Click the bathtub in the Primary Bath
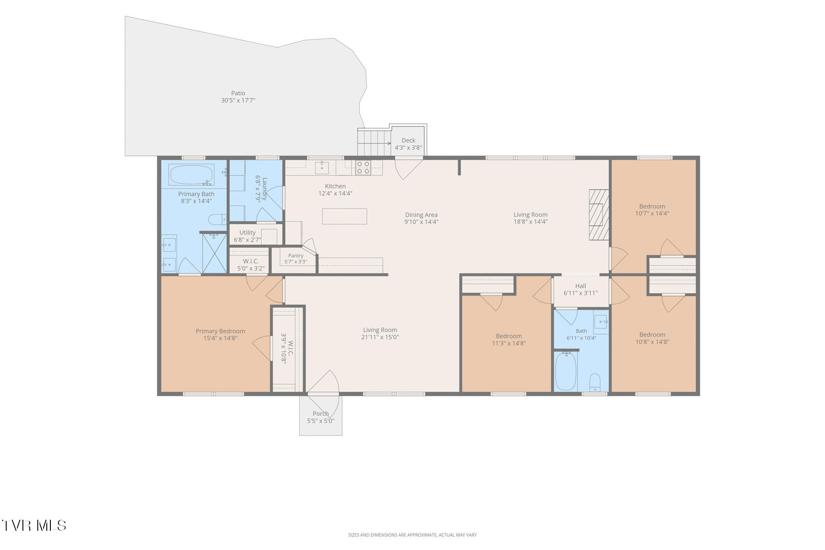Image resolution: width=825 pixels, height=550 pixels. [192, 174]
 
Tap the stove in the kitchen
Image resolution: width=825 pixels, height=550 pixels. [363, 168]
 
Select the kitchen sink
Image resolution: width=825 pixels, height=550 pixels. [322, 167]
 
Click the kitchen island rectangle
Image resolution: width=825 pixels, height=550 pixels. [345, 216]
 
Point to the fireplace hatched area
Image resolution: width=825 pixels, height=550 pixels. [599, 214]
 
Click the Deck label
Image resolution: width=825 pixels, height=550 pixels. [408, 141]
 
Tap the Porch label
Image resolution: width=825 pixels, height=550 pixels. [321, 413]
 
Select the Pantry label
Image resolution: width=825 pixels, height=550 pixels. [296, 256]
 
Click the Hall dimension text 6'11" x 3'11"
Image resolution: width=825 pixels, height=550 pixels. [581, 293]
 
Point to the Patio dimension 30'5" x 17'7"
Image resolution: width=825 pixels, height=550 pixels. [238, 100]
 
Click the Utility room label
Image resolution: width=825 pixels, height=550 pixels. [247, 232]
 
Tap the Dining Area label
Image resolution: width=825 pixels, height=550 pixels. [421, 214]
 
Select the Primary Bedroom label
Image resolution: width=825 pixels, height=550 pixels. [220, 331]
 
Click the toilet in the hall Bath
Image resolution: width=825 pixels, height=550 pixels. [594, 383]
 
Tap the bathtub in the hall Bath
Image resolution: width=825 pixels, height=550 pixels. [566, 371]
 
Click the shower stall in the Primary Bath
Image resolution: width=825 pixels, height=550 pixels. [214, 253]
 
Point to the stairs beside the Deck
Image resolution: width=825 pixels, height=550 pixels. [373, 143]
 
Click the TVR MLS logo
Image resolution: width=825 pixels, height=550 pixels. [34, 525]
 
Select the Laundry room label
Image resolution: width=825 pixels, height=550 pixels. [261, 188]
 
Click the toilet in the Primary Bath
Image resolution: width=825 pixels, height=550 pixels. [217, 220]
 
